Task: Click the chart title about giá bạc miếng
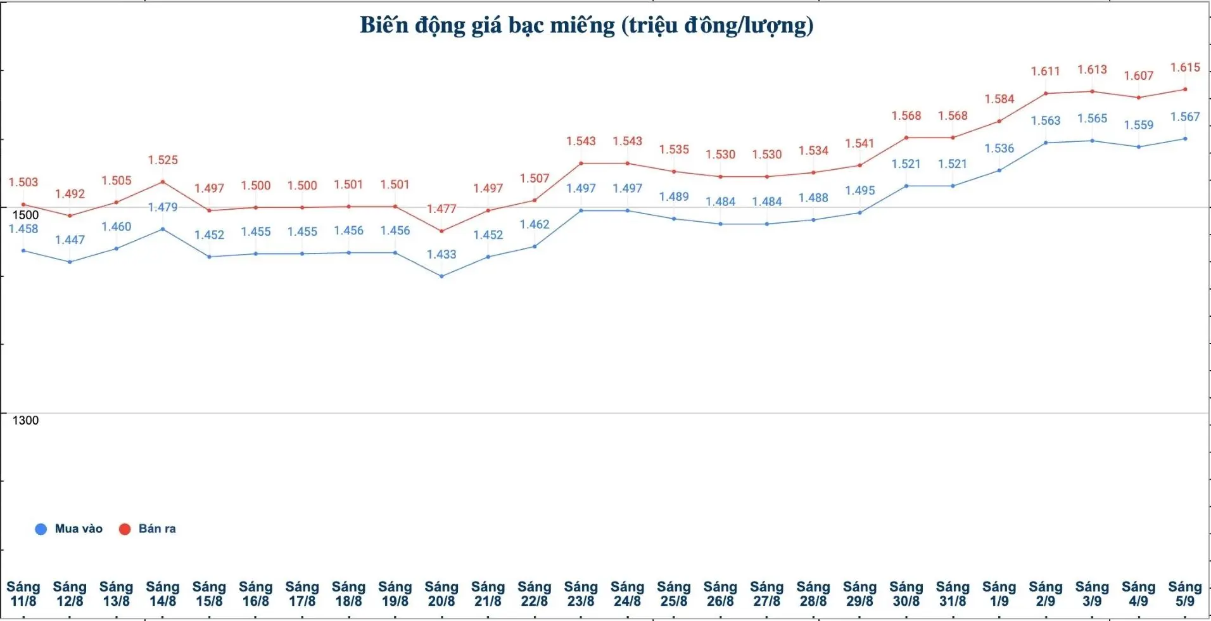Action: pyautogui.click(x=586, y=25)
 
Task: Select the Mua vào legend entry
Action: pyautogui.click(x=69, y=528)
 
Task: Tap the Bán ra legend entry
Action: pyautogui.click(x=148, y=528)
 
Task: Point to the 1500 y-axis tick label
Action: pyautogui.click(x=25, y=215)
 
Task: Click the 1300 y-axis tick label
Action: pyautogui.click(x=25, y=420)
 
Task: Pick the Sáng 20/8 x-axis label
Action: pyautogui.click(x=441, y=594)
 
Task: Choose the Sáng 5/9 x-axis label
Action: pyautogui.click(x=1184, y=594)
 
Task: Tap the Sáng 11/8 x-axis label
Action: pyautogui.click(x=23, y=594)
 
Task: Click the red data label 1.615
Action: pyautogui.click(x=1185, y=68)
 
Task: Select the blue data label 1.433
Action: pyautogui.click(x=441, y=254)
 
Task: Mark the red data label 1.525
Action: pyautogui.click(x=163, y=160)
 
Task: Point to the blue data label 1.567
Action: pyautogui.click(x=1185, y=117)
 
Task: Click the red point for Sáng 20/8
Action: pyautogui.click(x=441, y=231)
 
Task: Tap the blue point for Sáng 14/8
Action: pyautogui.click(x=163, y=229)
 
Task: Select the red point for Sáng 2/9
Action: pyautogui.click(x=1046, y=93)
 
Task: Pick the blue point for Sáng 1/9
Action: pyautogui.click(x=999, y=170)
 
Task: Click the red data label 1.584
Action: pyautogui.click(x=999, y=99)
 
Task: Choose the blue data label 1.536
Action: pyautogui.click(x=999, y=148)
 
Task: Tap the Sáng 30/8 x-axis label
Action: pyautogui.click(x=906, y=594)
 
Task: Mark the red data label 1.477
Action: pyautogui.click(x=441, y=208)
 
